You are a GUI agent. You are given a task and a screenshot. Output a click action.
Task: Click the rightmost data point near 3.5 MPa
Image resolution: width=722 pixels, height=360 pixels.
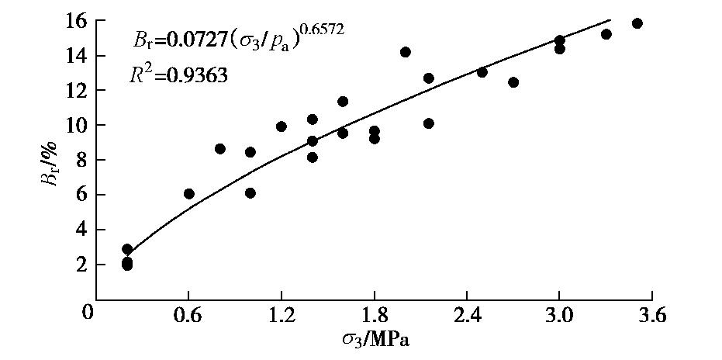(x=637, y=23)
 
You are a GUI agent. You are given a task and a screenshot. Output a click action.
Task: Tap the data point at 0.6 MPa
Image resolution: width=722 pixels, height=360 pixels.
(x=189, y=194)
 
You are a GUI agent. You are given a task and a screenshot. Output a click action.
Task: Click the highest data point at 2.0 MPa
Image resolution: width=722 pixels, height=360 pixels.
(x=405, y=52)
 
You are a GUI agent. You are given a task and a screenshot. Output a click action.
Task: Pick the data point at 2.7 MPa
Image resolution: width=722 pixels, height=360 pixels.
(x=513, y=82)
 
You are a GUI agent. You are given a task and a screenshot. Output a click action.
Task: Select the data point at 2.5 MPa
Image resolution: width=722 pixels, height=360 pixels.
(x=482, y=72)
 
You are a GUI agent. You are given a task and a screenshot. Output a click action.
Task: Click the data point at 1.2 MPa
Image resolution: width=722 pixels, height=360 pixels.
(x=282, y=126)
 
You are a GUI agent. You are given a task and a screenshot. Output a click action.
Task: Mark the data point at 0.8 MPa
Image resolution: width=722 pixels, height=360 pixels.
(x=220, y=149)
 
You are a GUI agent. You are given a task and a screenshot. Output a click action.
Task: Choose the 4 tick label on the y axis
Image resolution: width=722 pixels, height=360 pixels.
(x=78, y=230)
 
